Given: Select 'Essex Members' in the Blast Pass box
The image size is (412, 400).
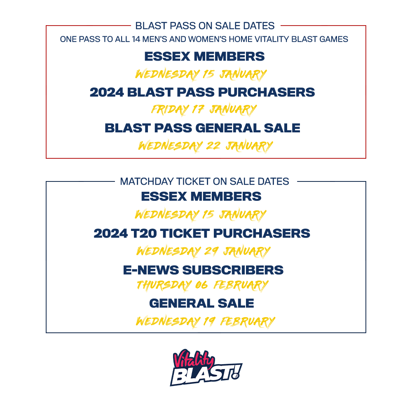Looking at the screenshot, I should (204, 56).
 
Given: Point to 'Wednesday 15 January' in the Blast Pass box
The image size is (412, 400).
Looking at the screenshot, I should (201, 75).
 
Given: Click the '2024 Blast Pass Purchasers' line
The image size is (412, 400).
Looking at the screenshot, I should (202, 92).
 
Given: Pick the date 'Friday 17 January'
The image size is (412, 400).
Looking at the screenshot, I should (204, 110).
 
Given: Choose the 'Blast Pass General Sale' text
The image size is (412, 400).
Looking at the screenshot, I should (202, 128).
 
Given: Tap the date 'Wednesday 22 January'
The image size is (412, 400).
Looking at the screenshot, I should (205, 146).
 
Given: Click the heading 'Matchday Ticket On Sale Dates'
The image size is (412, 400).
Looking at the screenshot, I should (204, 181).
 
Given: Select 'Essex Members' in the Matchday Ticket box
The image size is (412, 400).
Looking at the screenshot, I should (201, 196).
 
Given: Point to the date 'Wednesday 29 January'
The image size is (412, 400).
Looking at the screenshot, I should (203, 251).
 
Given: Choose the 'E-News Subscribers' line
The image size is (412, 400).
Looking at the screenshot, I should (203, 270).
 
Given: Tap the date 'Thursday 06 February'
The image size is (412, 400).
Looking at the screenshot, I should (202, 285).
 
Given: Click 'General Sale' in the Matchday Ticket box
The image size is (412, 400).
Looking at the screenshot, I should (201, 304).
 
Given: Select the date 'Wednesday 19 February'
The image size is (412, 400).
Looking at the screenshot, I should (205, 321).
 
